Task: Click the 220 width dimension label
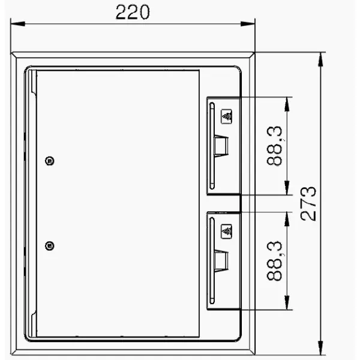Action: click(133, 12)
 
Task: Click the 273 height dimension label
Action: click(308, 204)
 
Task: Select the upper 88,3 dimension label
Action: click(274, 146)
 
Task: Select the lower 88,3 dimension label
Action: click(274, 261)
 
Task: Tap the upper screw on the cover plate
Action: click(49, 161)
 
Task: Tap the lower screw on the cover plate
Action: click(49, 246)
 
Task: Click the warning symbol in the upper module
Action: click(226, 116)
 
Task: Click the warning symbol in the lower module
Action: click(226, 232)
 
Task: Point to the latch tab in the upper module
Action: click(221, 146)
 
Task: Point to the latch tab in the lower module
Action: click(221, 261)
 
